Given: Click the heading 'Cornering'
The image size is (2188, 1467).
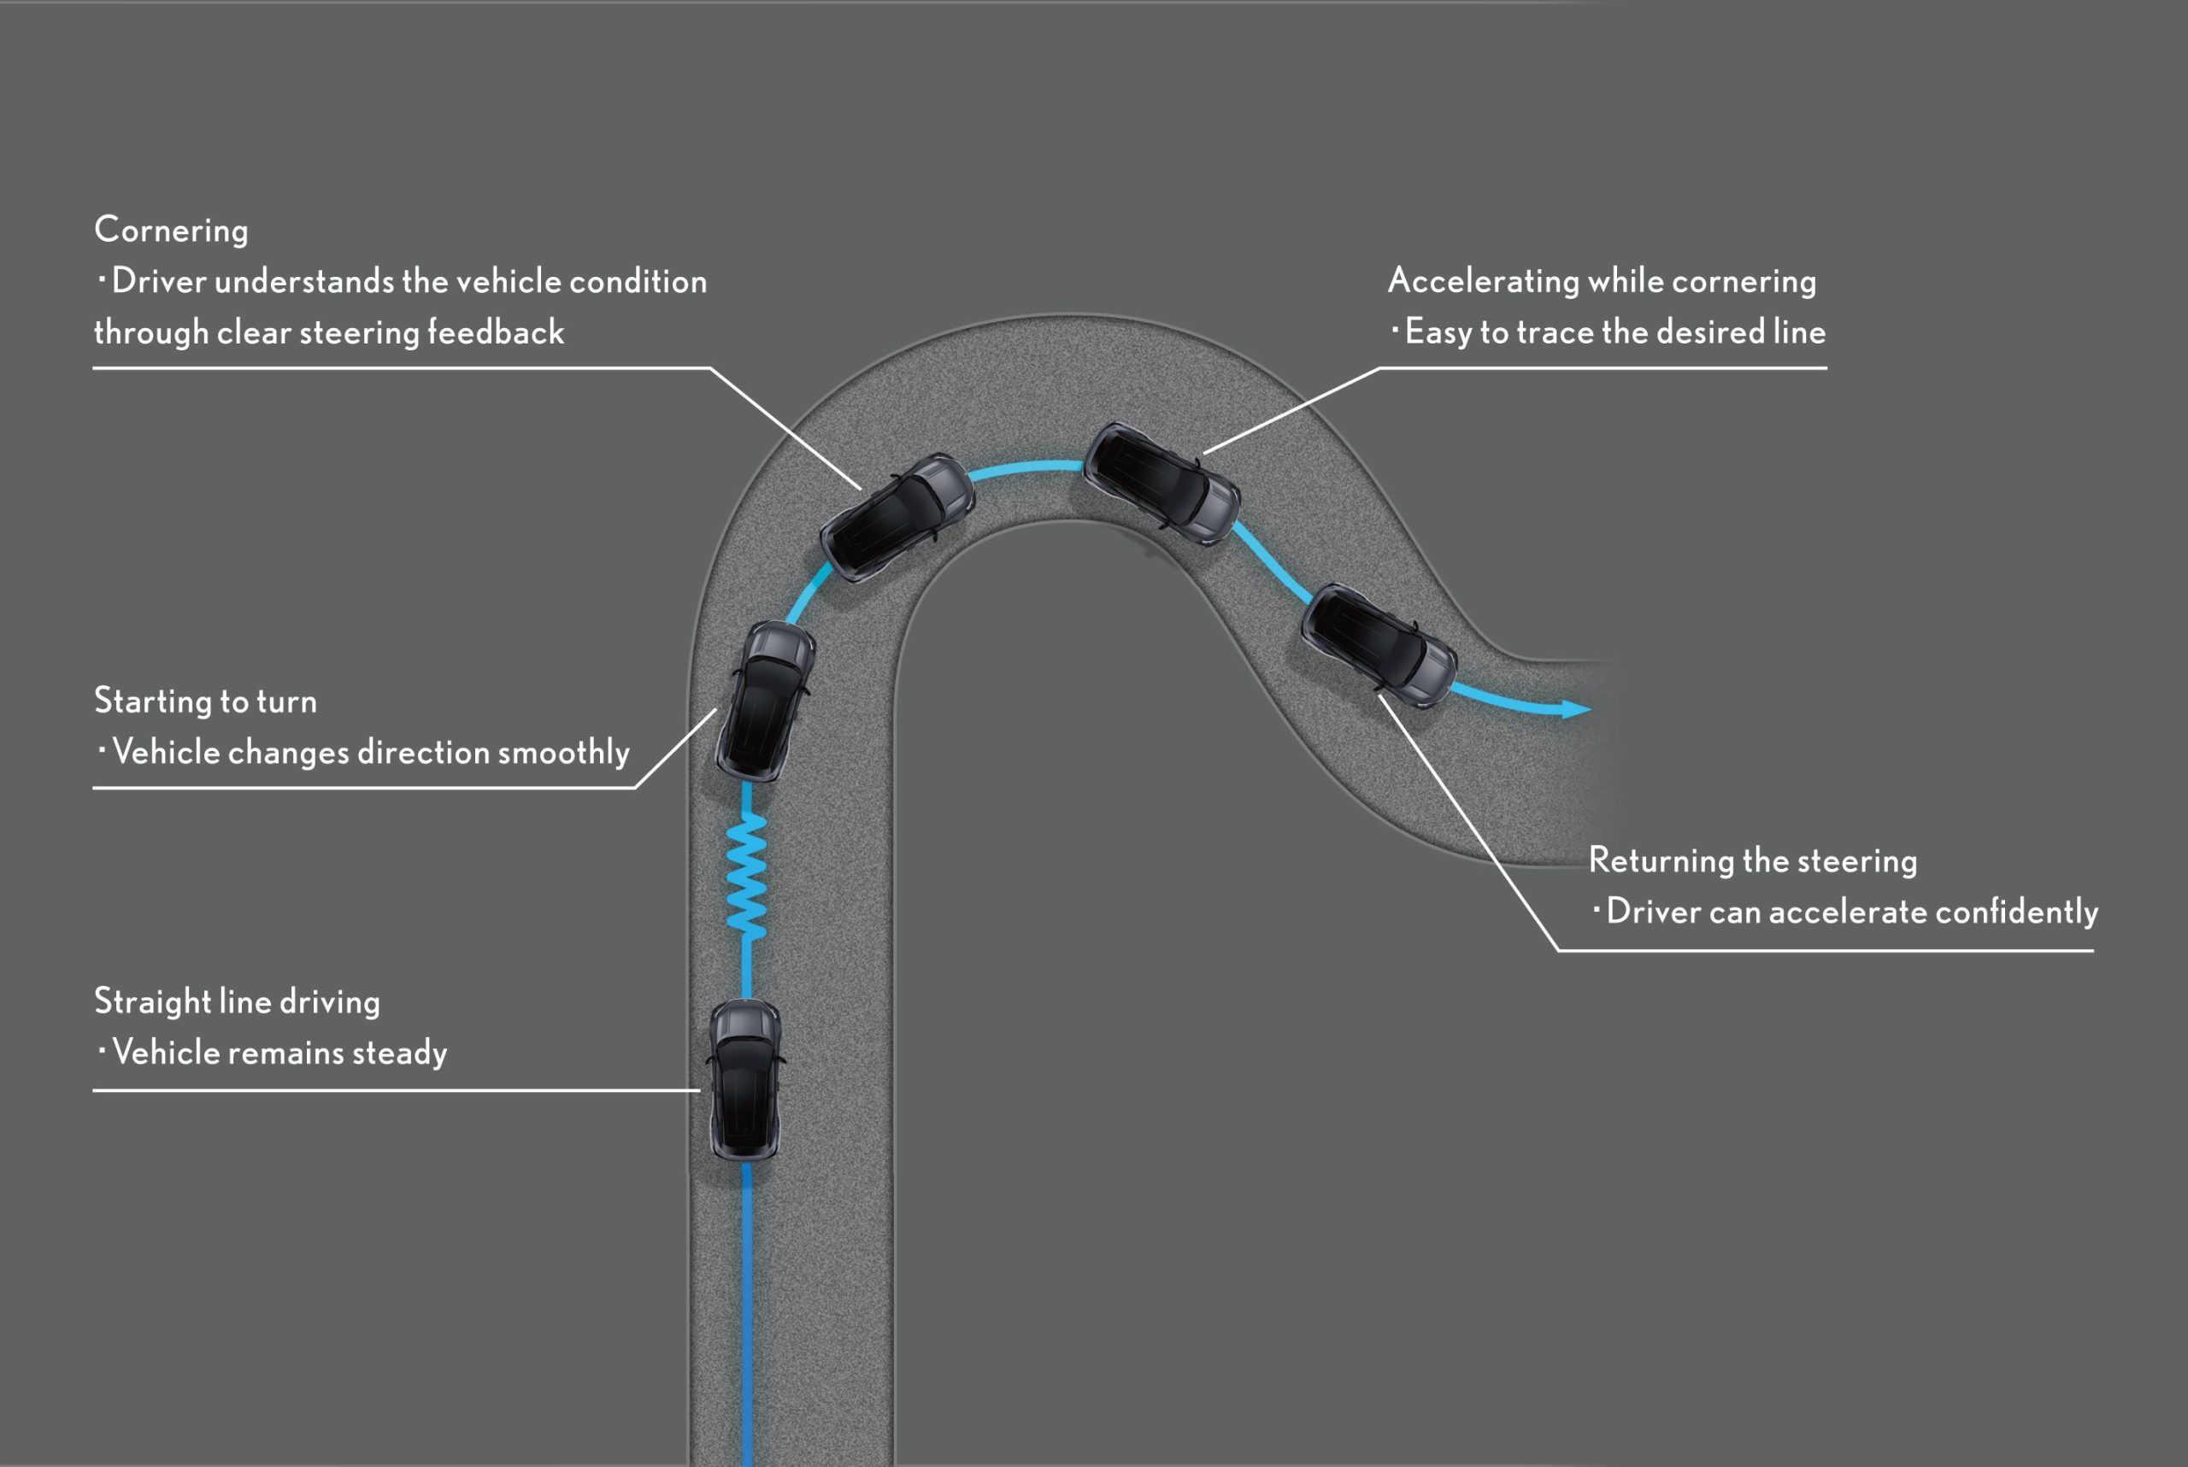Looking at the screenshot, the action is point(171,230).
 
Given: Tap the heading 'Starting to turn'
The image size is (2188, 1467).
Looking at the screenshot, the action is point(206,701).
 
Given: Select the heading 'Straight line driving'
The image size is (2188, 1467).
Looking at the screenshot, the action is point(237,1002).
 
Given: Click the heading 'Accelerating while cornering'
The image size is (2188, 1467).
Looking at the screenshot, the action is point(1603,281).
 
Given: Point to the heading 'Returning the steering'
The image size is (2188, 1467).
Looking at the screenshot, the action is point(1753,860).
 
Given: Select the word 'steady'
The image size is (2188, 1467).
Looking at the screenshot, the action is point(401,1053).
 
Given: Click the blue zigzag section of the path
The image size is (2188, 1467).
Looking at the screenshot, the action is point(746,876).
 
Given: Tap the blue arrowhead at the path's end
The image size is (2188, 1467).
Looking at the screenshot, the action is point(1576,709).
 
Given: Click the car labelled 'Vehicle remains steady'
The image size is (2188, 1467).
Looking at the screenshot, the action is point(745,1081).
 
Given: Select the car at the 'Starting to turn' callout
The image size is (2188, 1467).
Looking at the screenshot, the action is point(766,701).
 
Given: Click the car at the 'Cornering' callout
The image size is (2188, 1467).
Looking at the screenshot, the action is point(897,518).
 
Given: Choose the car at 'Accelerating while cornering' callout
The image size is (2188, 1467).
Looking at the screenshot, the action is point(1162,483).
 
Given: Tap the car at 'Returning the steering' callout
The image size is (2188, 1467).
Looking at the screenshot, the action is point(1379,646).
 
